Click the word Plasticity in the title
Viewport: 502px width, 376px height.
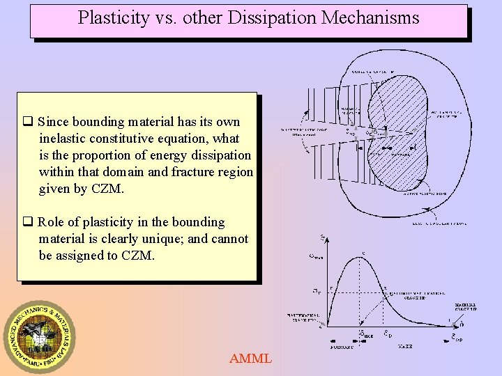pyautogui.click(x=113, y=17)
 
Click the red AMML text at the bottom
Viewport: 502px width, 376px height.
pyautogui.click(x=250, y=359)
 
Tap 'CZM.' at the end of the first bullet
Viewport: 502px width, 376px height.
pyautogui.click(x=112, y=189)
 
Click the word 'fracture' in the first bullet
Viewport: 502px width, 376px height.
pyautogui.click(x=188, y=172)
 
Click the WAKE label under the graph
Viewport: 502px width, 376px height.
pyautogui.click(x=406, y=346)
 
